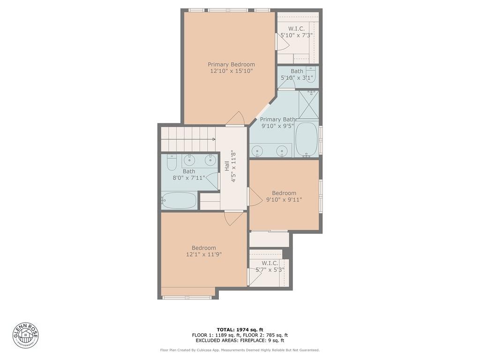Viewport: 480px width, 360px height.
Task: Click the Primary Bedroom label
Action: click(x=232, y=65)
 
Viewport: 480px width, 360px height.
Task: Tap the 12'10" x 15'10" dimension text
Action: click(x=232, y=71)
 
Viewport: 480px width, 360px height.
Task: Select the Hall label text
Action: click(x=227, y=165)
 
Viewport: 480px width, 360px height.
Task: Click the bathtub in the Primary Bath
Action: click(x=307, y=139)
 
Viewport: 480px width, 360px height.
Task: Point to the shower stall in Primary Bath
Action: click(x=308, y=105)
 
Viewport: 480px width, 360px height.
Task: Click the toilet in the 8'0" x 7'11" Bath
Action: click(x=172, y=163)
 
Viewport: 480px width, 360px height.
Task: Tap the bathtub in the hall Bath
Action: click(x=179, y=201)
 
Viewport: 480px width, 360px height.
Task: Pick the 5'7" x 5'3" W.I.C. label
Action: click(x=270, y=263)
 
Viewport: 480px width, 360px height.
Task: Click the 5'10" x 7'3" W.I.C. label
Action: click(x=296, y=29)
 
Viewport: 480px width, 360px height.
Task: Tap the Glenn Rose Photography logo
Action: click(x=26, y=335)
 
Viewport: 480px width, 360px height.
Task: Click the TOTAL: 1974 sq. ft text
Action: click(x=240, y=329)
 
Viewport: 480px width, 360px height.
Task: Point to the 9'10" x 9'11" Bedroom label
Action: click(x=284, y=193)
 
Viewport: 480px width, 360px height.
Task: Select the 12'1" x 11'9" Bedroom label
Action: click(x=203, y=248)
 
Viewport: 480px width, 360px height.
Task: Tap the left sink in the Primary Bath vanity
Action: click(x=257, y=150)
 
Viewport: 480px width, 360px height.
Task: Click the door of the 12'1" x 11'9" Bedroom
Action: click(x=233, y=217)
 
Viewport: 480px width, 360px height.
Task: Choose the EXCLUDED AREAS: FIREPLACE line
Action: click(x=240, y=341)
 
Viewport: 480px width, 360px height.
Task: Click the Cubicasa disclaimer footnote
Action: click(x=240, y=350)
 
